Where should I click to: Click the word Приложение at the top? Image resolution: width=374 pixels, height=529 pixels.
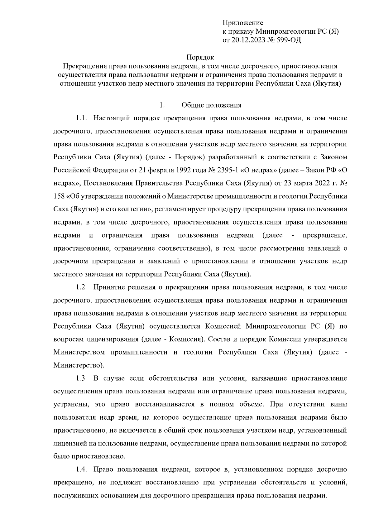point(243,23)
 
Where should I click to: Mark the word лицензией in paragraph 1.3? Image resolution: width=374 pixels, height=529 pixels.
point(69,443)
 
